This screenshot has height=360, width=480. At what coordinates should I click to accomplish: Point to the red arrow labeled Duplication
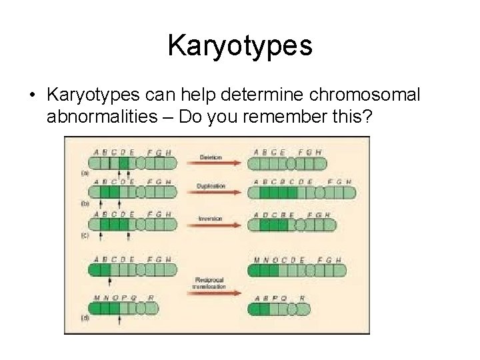tap(213, 191)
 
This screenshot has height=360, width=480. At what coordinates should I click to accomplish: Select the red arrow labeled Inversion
tap(213, 223)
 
